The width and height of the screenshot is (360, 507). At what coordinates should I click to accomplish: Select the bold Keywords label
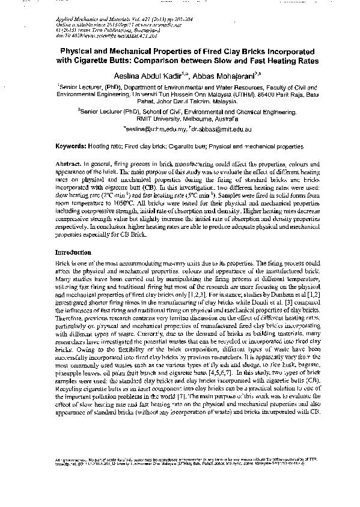click(x=70, y=146)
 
